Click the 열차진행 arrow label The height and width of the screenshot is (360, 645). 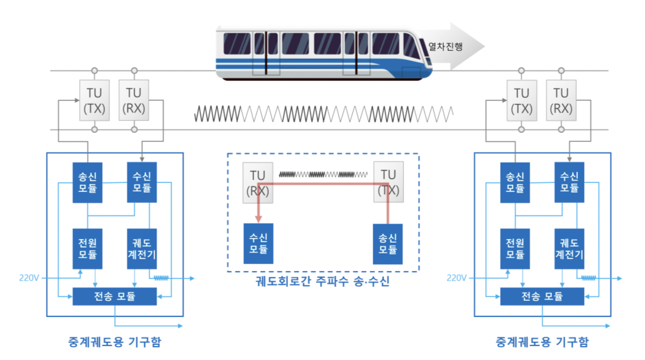point(445,46)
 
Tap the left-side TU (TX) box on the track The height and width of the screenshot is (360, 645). point(94,100)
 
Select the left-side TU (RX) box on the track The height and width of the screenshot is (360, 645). point(134,100)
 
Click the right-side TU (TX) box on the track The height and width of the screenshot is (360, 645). point(522,100)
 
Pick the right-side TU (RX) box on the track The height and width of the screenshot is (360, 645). point(561,100)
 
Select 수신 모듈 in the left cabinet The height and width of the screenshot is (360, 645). point(142,182)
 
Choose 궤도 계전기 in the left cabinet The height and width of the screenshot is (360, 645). point(142,248)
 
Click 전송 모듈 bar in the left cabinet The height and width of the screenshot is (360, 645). point(115,297)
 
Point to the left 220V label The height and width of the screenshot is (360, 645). point(30,278)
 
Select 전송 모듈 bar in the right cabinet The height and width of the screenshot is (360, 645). point(542,297)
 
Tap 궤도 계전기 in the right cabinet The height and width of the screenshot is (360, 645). point(570,248)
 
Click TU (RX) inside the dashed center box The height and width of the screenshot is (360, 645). point(257,183)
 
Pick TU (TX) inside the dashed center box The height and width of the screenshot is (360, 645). point(388,183)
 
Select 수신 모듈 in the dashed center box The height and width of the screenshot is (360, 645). point(258,243)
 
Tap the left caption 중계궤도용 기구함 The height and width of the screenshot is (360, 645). point(115,342)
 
